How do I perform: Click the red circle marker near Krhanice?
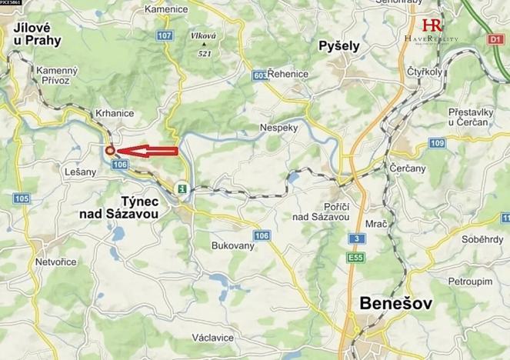click(x=110, y=151)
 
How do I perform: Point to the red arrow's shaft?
click(x=158, y=150)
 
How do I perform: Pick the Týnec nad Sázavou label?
click(x=119, y=209)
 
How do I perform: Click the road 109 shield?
click(x=438, y=143)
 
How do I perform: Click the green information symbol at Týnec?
click(x=182, y=188)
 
